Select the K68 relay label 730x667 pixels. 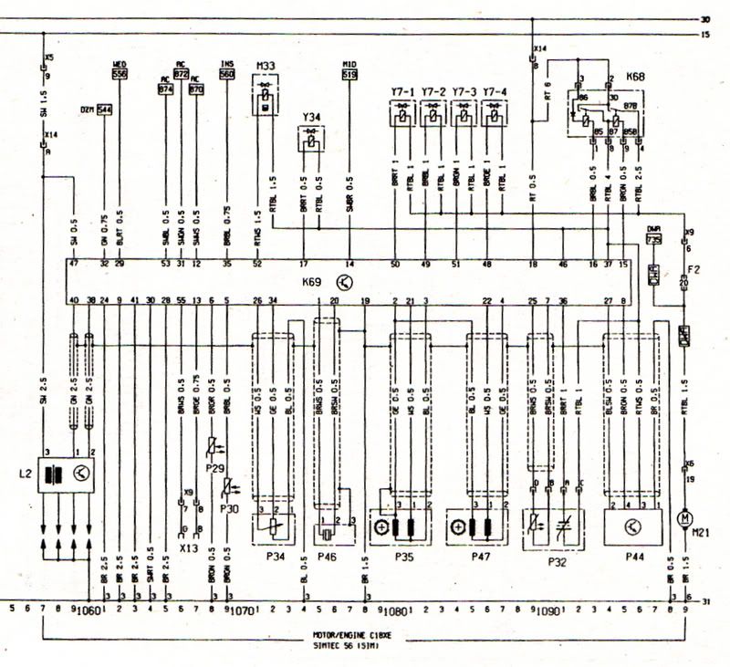635,78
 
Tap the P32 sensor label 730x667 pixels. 558,564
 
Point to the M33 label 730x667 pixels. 266,66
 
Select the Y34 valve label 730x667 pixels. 311,118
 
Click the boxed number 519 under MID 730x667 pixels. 349,74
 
